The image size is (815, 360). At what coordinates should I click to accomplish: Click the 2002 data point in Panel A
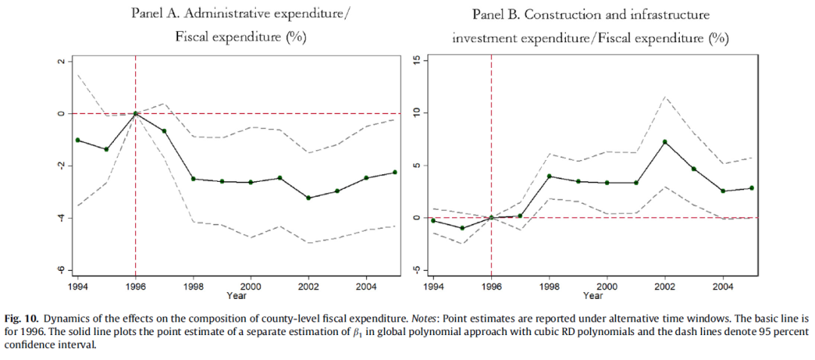pyautogui.click(x=308, y=198)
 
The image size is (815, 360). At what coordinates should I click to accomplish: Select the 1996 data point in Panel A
pyautogui.click(x=135, y=113)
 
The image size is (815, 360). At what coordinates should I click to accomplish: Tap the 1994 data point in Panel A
pyautogui.click(x=78, y=140)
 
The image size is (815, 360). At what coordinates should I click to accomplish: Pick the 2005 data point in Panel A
pyautogui.click(x=394, y=172)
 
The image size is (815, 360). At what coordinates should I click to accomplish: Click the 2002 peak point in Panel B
pyautogui.click(x=665, y=142)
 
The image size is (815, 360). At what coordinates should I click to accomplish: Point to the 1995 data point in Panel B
pyautogui.click(x=462, y=228)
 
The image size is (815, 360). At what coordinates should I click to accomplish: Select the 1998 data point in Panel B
pyautogui.click(x=549, y=176)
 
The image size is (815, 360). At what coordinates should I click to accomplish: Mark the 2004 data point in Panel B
pyautogui.click(x=723, y=191)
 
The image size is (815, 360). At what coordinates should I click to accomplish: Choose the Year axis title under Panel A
pyautogui.click(x=236, y=295)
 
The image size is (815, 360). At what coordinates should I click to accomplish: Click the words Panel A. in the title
pyautogui.click(x=159, y=14)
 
